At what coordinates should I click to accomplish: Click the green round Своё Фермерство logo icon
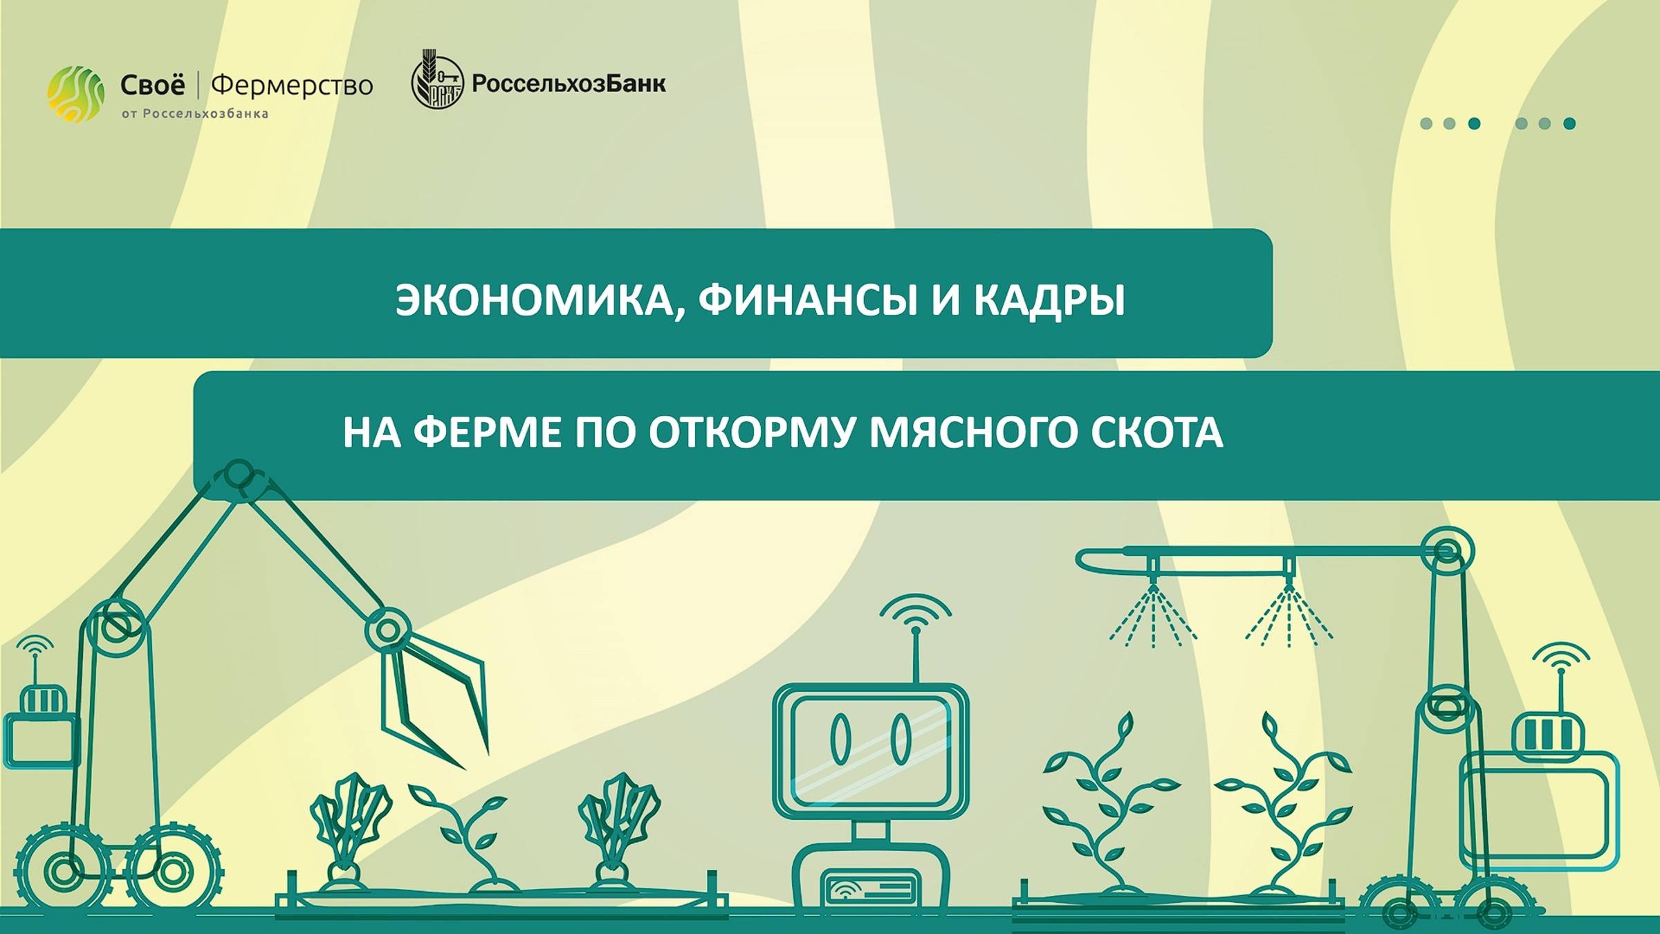(75, 94)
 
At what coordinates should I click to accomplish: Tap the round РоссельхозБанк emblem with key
(437, 82)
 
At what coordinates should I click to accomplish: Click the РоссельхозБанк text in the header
(569, 84)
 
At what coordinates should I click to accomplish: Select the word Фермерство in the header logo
(291, 85)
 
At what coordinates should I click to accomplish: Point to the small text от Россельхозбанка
(195, 114)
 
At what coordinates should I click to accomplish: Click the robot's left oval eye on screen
(840, 740)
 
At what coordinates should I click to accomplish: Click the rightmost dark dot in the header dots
(1569, 124)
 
